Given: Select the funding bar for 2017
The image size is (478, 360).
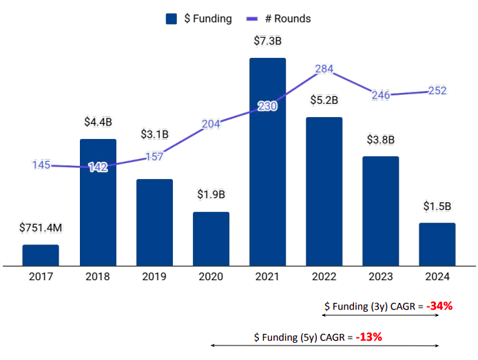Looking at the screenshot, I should click(41, 255).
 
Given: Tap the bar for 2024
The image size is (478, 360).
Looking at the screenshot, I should click(437, 244).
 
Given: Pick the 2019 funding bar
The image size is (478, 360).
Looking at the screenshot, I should click(154, 222).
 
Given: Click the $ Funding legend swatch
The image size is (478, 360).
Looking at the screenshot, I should click(172, 19).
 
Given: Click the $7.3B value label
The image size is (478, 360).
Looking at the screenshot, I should click(267, 41).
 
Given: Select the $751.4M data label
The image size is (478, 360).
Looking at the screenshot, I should click(41, 228).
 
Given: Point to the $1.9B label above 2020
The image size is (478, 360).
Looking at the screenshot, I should click(211, 195).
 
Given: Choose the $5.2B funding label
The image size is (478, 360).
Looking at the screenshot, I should click(324, 100).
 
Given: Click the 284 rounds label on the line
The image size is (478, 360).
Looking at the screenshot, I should click(325, 69).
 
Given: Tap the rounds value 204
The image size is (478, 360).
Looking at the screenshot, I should click(211, 125).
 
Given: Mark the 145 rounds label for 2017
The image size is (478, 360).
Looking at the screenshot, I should click(41, 165).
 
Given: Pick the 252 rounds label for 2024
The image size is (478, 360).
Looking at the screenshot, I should click(437, 91).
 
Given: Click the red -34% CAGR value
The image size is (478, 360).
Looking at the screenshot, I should click(439, 306).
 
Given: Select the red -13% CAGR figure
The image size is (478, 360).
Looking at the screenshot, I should click(368, 337).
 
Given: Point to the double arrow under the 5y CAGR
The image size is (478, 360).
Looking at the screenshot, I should click(324, 346).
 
